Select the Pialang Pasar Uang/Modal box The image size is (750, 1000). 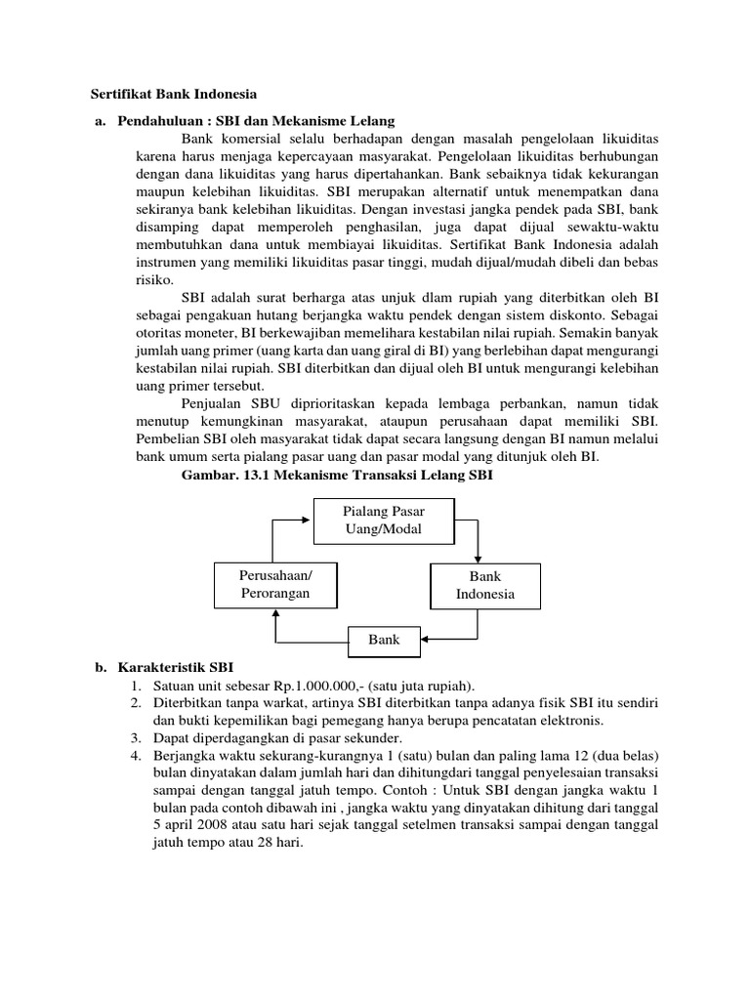pos(384,521)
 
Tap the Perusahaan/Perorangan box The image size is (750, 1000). pos(275,584)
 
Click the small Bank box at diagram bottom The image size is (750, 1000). pos(384,642)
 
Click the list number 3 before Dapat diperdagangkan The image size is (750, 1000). pos(138,739)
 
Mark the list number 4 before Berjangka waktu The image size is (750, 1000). pos(138,757)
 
